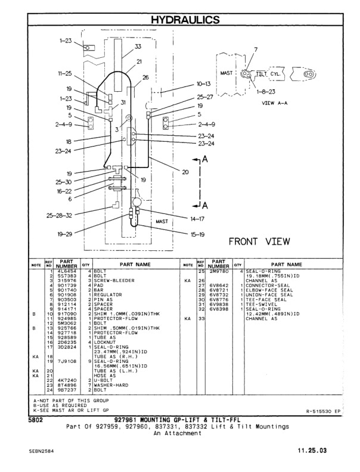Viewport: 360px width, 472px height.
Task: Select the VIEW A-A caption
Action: pos(276,102)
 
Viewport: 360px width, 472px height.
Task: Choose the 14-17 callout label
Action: pos(197,219)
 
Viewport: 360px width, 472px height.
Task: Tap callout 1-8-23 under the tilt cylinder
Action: pos(265,92)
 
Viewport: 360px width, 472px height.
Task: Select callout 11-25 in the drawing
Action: pos(66,74)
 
